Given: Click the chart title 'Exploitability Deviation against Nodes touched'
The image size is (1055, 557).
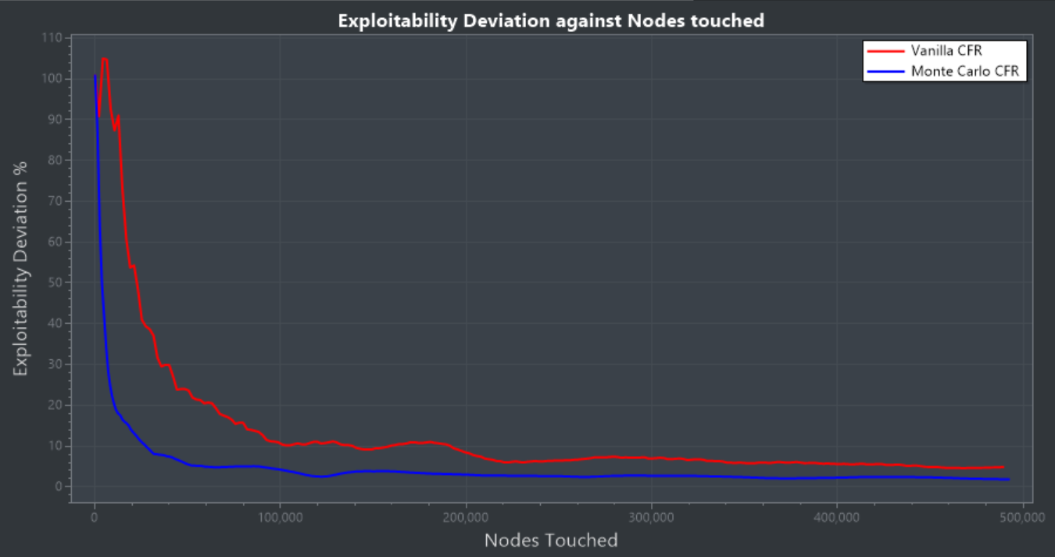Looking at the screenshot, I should tap(551, 21).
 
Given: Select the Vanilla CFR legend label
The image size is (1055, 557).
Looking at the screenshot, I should tap(946, 50).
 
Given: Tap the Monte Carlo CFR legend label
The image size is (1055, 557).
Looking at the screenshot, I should tap(966, 71).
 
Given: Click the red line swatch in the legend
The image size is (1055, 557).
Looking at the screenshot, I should tap(886, 50).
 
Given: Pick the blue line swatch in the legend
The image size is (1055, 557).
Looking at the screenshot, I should tap(886, 71).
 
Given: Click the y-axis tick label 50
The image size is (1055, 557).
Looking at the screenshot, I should tap(53, 282).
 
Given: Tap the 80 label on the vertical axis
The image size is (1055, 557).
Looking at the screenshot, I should tap(53, 160).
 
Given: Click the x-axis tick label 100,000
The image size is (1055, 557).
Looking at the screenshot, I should tap(280, 517).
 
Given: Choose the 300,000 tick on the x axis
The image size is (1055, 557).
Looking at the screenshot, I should tap(651, 517).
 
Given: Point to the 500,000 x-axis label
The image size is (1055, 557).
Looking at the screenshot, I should tap(1022, 517).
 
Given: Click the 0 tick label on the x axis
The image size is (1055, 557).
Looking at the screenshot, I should tap(95, 517).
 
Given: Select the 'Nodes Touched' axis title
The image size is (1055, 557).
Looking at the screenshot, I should tap(551, 540).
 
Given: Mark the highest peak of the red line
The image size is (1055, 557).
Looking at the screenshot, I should tap(104, 58).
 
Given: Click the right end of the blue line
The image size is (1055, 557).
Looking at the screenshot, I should tap(1009, 479).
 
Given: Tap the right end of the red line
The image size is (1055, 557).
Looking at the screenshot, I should tap(1003, 467).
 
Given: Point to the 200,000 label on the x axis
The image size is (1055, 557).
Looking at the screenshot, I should tap(466, 517).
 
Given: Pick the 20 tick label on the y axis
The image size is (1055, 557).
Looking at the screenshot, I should tap(53, 405).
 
